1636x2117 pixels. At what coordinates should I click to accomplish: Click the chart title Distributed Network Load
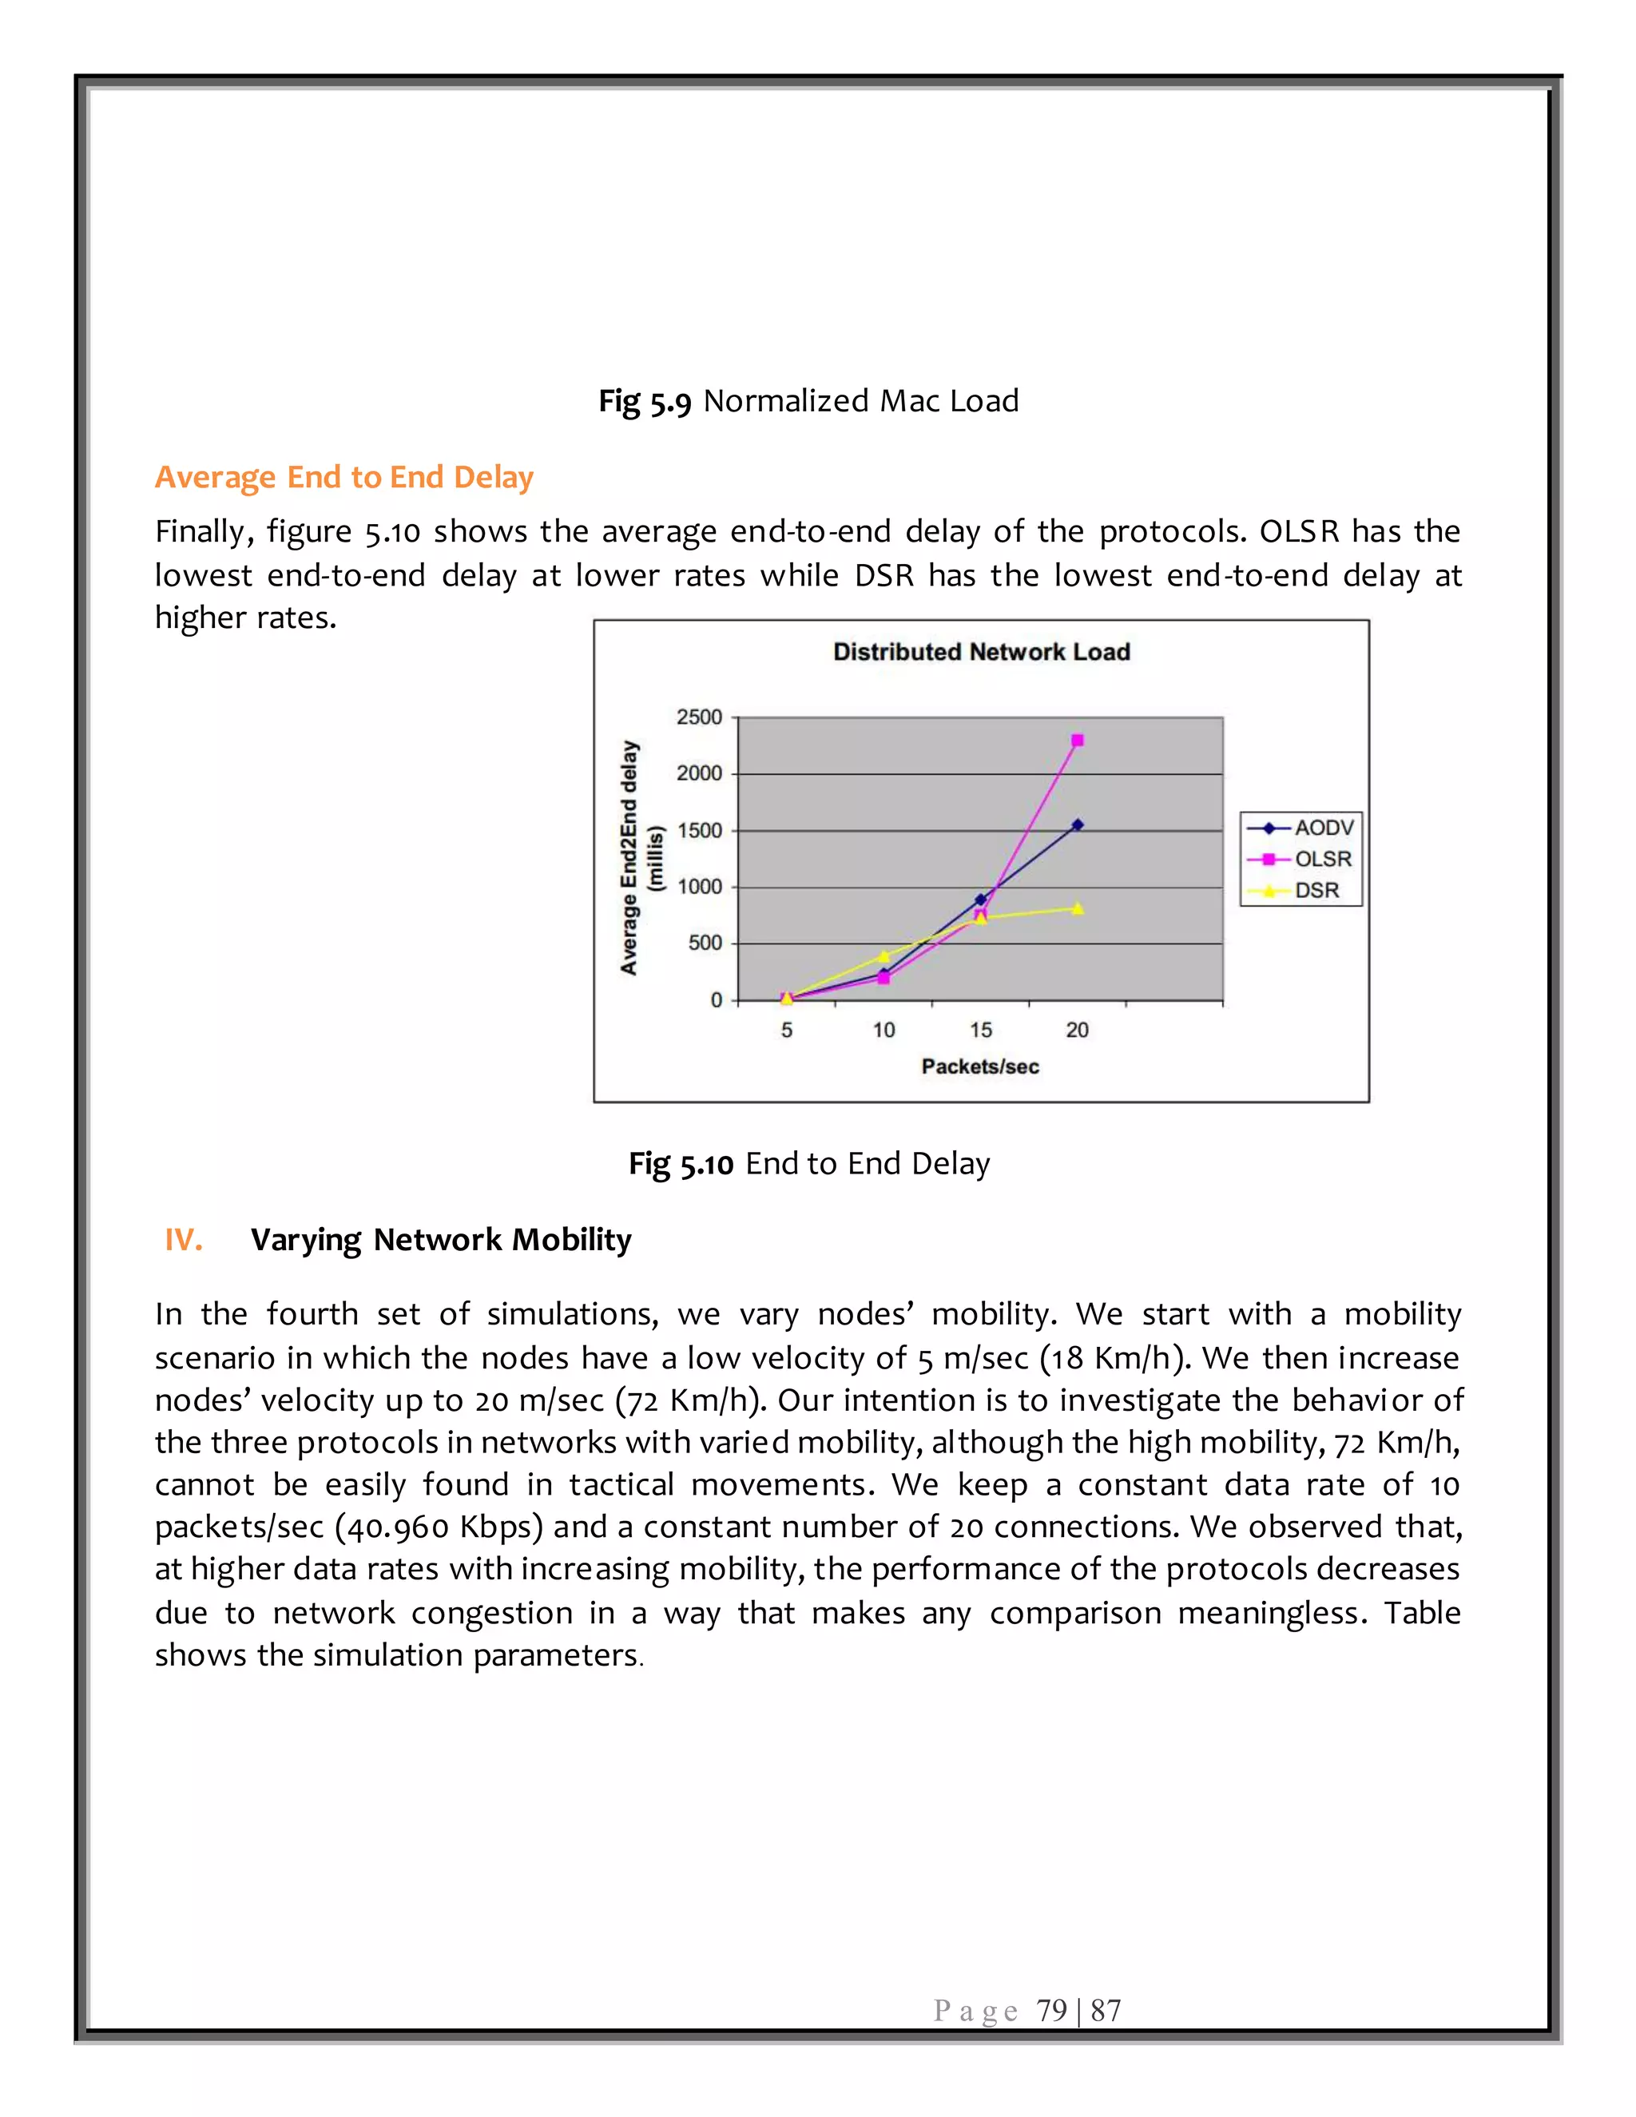pos(981,651)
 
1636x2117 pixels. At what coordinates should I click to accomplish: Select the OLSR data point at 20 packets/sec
pos(1077,741)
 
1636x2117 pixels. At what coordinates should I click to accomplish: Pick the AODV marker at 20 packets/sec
pos(1077,825)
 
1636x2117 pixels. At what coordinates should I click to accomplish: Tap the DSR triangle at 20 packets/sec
pos(1077,908)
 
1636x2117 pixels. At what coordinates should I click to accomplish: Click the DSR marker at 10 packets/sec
pos(883,955)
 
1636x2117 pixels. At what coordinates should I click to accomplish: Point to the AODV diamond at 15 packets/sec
pos(980,900)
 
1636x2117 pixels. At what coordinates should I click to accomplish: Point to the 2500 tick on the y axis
pos(699,717)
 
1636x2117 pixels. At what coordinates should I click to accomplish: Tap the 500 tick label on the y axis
pos(705,943)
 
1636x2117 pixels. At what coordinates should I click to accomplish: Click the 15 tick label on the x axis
pos(980,1031)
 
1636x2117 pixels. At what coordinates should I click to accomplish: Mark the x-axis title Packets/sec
pos(980,1066)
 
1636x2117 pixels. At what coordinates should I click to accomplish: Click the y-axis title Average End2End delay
pos(629,858)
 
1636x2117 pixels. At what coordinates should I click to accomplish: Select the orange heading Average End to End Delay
pos(344,477)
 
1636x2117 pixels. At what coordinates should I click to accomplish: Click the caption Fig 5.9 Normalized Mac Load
pos(808,400)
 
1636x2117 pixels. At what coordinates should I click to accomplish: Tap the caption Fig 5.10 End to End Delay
pos(808,1163)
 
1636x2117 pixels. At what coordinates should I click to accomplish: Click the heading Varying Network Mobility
pos(441,1240)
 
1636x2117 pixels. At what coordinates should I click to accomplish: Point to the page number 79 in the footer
pos(1051,2011)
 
